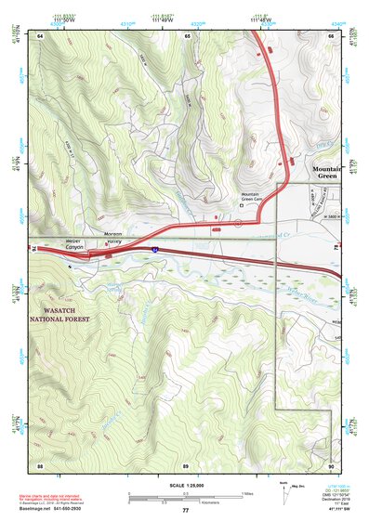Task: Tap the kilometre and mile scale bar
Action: click(184, 499)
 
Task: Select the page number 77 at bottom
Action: click(185, 510)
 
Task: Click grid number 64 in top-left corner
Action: click(41, 35)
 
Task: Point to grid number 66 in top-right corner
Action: click(330, 35)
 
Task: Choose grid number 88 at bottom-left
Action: click(41, 464)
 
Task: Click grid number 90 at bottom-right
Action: click(330, 464)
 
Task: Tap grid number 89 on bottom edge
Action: click(186, 464)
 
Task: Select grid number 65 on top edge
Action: click(187, 35)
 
